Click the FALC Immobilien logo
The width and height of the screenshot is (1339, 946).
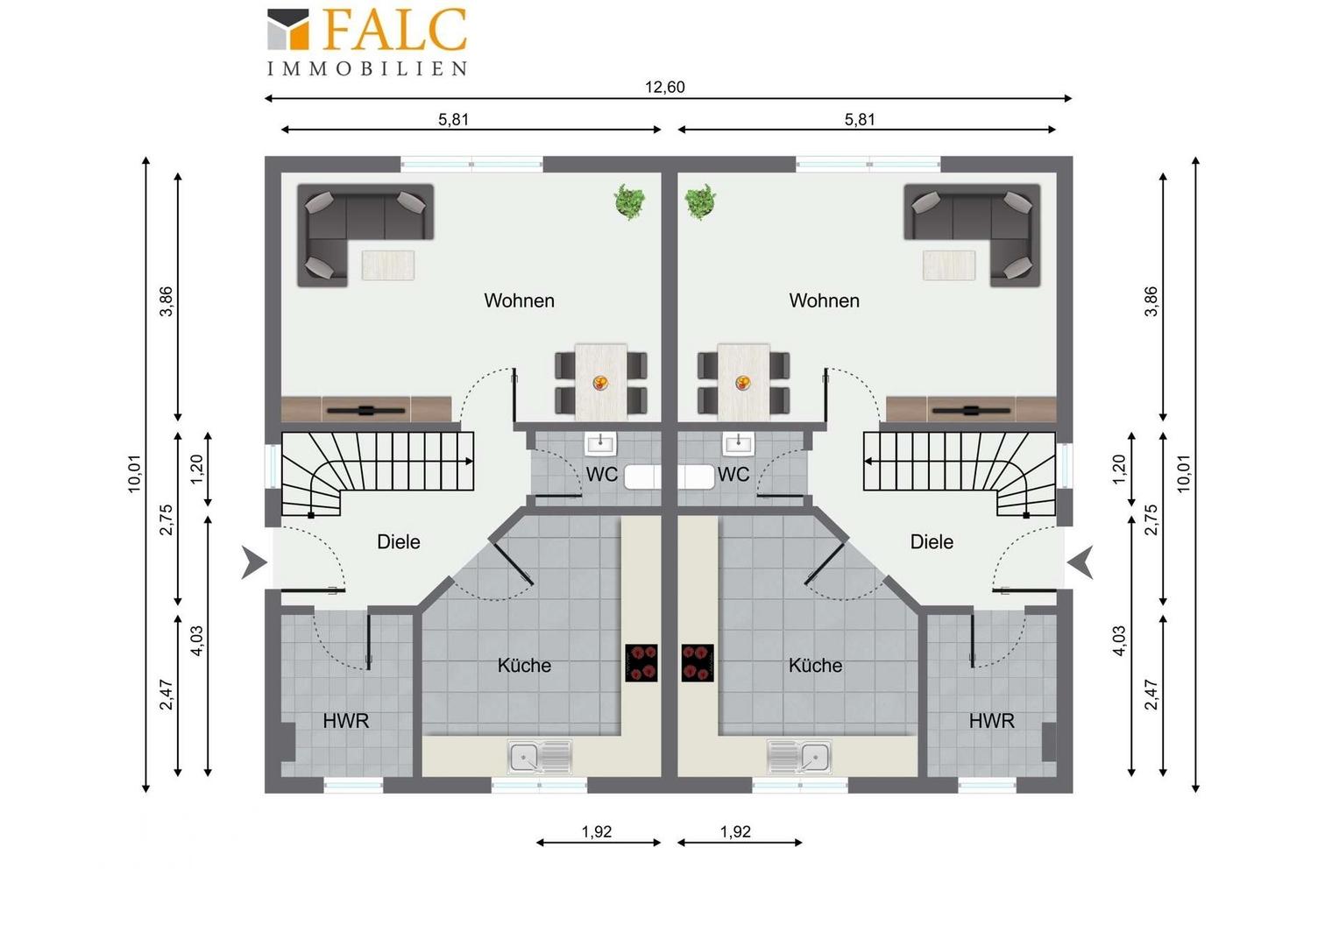(366, 42)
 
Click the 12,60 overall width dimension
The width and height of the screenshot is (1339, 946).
(665, 88)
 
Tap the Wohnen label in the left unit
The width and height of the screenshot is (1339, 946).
(519, 300)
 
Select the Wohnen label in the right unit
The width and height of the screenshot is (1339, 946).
(825, 300)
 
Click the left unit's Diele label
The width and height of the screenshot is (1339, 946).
(398, 541)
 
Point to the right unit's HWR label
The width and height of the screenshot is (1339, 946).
(992, 721)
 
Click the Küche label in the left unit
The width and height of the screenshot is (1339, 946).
(524, 665)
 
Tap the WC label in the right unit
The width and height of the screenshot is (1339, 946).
(733, 474)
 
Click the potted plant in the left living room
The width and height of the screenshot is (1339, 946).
(629, 201)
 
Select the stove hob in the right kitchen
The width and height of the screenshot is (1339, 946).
(698, 663)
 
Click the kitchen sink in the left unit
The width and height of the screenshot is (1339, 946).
(540, 758)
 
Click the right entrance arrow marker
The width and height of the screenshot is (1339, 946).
(1080, 562)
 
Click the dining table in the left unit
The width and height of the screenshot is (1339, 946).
(601, 383)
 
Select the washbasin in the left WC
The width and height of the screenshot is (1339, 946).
(600, 444)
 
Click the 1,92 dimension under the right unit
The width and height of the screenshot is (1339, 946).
(735, 831)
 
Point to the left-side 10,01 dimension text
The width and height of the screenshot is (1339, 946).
(135, 474)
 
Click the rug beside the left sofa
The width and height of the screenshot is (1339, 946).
(388, 265)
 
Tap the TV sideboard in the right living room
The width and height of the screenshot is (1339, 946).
(971, 410)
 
